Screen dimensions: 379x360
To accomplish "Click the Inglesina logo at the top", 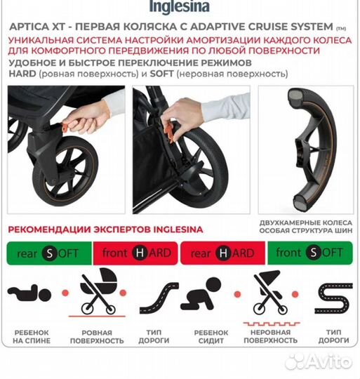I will pos(180,7).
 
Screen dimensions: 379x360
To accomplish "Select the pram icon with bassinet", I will pos(98,291).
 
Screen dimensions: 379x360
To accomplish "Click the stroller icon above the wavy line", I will pos(269,291).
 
